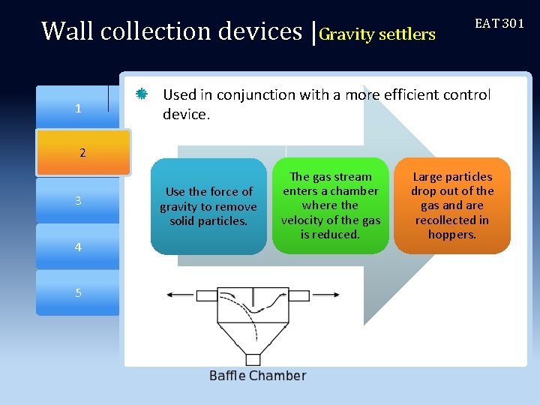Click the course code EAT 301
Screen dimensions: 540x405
pyautogui.click(x=499, y=24)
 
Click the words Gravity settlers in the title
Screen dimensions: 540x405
pyautogui.click(x=377, y=34)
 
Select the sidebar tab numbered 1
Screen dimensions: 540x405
pyautogui.click(x=78, y=109)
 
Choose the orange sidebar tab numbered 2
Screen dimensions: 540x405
pyautogui.click(x=82, y=153)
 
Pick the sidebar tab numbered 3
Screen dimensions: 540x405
pyautogui.click(x=78, y=201)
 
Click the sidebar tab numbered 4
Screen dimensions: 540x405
pyautogui.click(x=78, y=247)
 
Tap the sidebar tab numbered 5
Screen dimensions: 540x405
pyautogui.click(x=78, y=292)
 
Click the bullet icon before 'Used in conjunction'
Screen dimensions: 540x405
pyautogui.click(x=141, y=94)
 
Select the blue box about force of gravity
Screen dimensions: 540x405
pyautogui.click(x=208, y=206)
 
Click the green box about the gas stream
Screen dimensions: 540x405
pyautogui.click(x=331, y=205)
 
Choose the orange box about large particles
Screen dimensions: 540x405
pyautogui.click(x=452, y=205)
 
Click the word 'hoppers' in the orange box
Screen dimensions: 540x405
pyautogui.click(x=452, y=235)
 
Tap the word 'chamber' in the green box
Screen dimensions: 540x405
pyautogui.click(x=353, y=191)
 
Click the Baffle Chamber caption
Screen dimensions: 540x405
pyautogui.click(x=257, y=376)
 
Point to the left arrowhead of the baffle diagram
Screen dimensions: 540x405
pyautogui.click(x=169, y=295)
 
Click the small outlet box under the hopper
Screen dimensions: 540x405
pyautogui.click(x=253, y=359)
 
